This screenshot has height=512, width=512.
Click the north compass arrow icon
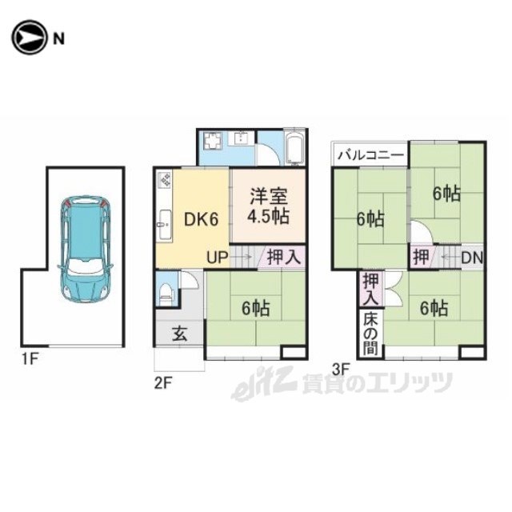(x=29, y=38)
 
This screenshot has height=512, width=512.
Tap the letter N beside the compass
(x=58, y=39)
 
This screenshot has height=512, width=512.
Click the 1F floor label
(x=30, y=359)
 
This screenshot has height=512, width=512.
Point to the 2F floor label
(x=163, y=383)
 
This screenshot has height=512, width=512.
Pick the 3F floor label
(x=341, y=370)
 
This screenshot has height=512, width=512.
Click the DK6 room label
(x=201, y=219)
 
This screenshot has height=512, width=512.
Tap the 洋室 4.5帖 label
(x=269, y=206)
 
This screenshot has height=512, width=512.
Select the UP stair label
(x=217, y=258)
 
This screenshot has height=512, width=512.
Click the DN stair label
(x=472, y=258)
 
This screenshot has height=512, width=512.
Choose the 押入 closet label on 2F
(x=283, y=257)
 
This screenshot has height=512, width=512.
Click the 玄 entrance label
(x=180, y=334)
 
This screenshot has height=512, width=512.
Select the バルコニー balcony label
(x=370, y=154)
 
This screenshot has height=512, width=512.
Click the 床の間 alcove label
(x=370, y=334)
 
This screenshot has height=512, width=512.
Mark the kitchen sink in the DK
(x=165, y=225)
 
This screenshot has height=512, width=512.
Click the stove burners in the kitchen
(x=164, y=181)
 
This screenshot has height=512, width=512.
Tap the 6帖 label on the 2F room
(x=256, y=308)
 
